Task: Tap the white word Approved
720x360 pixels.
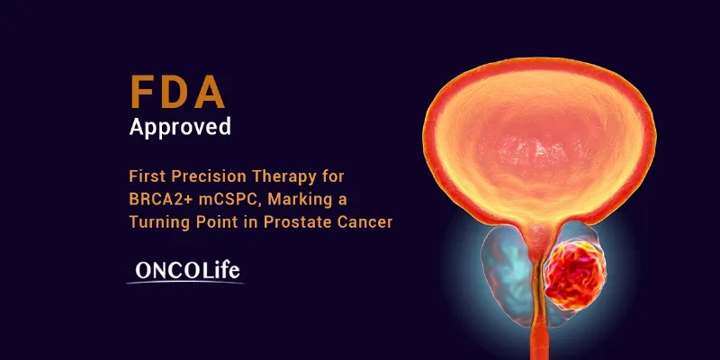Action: point(180,126)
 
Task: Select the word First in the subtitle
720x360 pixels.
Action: point(148,175)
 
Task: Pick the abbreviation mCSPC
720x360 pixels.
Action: point(224,198)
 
